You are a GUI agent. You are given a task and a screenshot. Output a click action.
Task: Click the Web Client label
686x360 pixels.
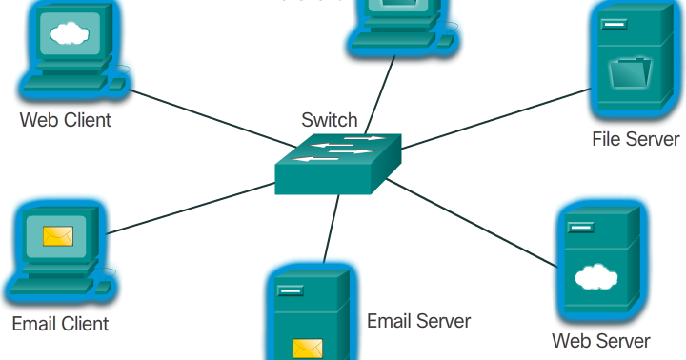66,120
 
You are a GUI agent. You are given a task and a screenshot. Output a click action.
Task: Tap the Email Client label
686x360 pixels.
60,324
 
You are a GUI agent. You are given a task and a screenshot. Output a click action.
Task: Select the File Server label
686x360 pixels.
636,139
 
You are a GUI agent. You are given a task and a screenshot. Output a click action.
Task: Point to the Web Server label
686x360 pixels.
601,340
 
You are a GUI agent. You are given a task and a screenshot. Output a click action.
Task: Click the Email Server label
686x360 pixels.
418,321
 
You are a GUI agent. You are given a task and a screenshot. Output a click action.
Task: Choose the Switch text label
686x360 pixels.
330,120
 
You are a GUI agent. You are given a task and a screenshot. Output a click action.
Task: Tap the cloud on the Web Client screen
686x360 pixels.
67,35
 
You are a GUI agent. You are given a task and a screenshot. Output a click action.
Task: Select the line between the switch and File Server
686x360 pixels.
495,119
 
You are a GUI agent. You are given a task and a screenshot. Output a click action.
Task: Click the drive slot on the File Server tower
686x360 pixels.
612,22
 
